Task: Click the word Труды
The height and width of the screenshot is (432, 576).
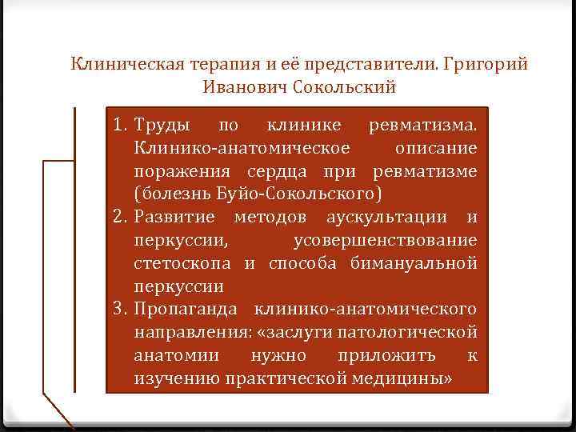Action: pos(162,126)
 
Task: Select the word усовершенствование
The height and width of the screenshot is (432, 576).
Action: pos(386,241)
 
